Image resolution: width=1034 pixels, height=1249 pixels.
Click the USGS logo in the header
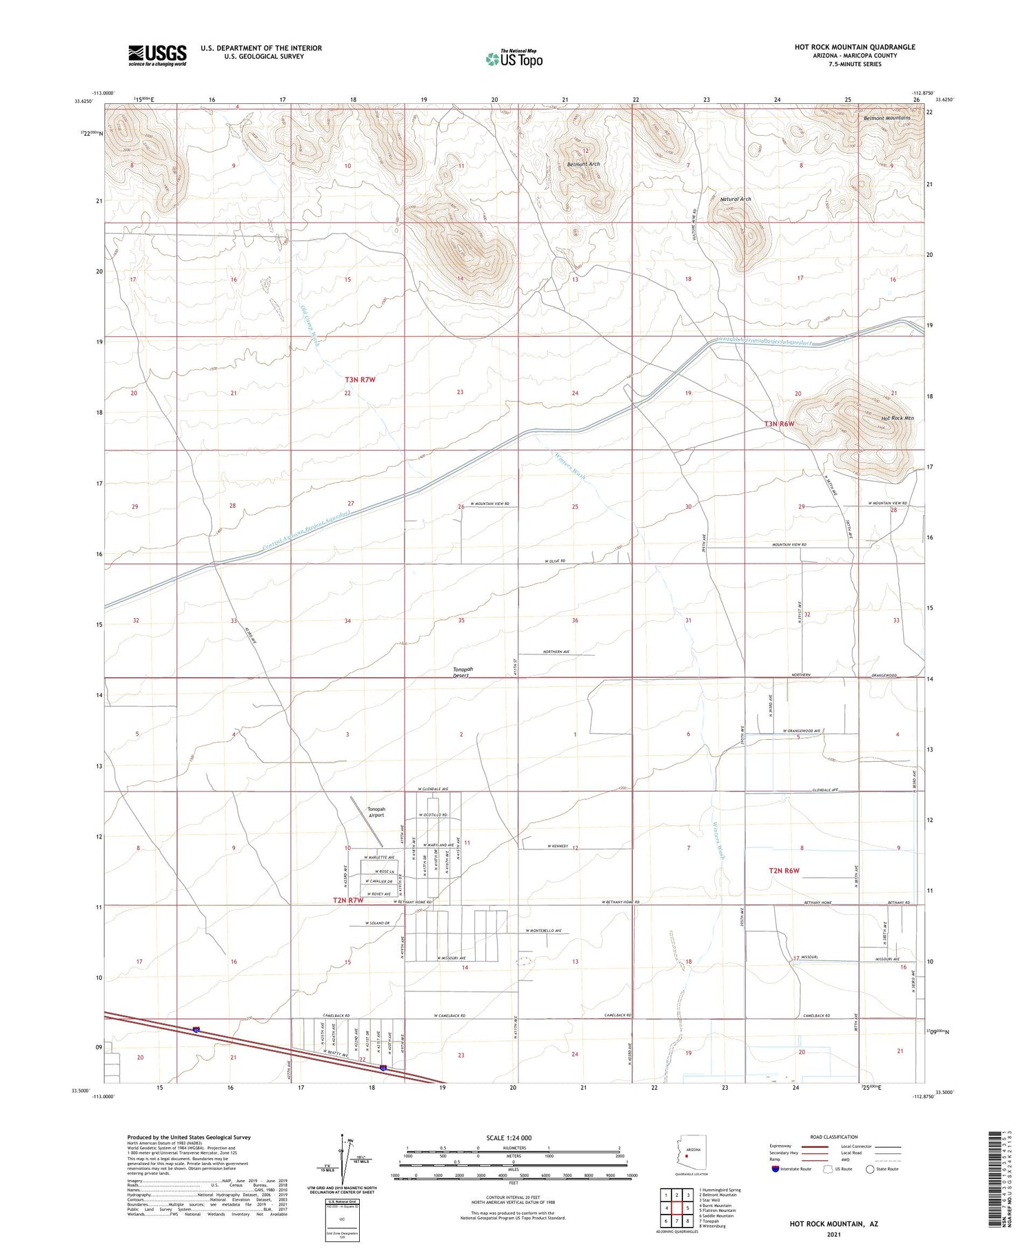click(x=157, y=55)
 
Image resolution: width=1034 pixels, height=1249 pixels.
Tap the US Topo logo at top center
click(x=514, y=59)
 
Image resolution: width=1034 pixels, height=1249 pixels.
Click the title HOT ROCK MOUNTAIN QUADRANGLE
click(x=855, y=47)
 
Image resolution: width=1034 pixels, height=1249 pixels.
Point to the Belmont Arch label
click(x=583, y=164)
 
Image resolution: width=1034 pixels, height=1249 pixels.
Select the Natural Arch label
click(x=736, y=199)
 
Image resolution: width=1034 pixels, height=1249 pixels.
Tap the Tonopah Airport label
click(x=376, y=812)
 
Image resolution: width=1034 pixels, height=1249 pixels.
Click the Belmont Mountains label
click(x=886, y=118)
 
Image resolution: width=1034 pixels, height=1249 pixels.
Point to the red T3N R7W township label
click(x=360, y=380)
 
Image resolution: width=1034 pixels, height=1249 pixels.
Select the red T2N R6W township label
click(x=784, y=871)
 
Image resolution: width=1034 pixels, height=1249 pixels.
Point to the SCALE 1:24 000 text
click(x=509, y=1137)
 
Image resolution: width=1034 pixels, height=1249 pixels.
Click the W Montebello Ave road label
click(x=540, y=930)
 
